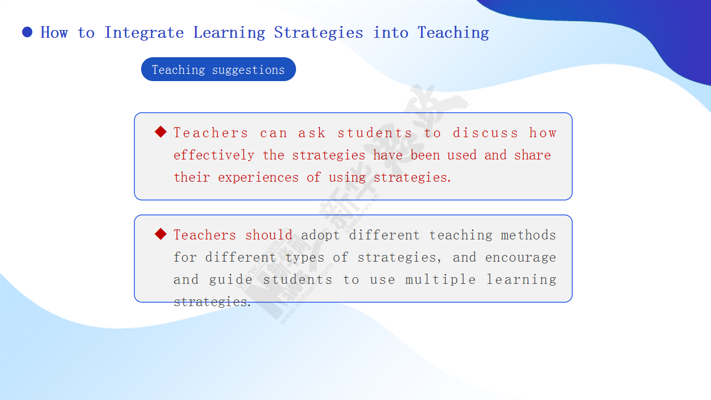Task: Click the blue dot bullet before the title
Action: click(27, 32)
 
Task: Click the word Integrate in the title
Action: click(144, 33)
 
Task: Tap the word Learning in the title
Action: click(229, 33)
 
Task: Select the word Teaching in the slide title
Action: click(453, 33)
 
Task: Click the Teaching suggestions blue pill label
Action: click(218, 69)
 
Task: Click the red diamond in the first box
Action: click(161, 132)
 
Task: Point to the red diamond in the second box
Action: click(161, 234)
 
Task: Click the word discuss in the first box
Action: click(485, 133)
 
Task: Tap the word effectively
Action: click(214, 155)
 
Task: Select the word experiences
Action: click(258, 177)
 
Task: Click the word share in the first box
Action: click(532, 155)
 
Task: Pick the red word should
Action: click(268, 235)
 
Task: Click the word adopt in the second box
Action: click(321, 236)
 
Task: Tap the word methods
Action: click(528, 235)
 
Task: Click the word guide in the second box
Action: click(231, 280)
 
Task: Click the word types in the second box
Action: click(305, 258)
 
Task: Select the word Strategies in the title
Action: click(319, 33)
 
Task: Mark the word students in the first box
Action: click(375, 133)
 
